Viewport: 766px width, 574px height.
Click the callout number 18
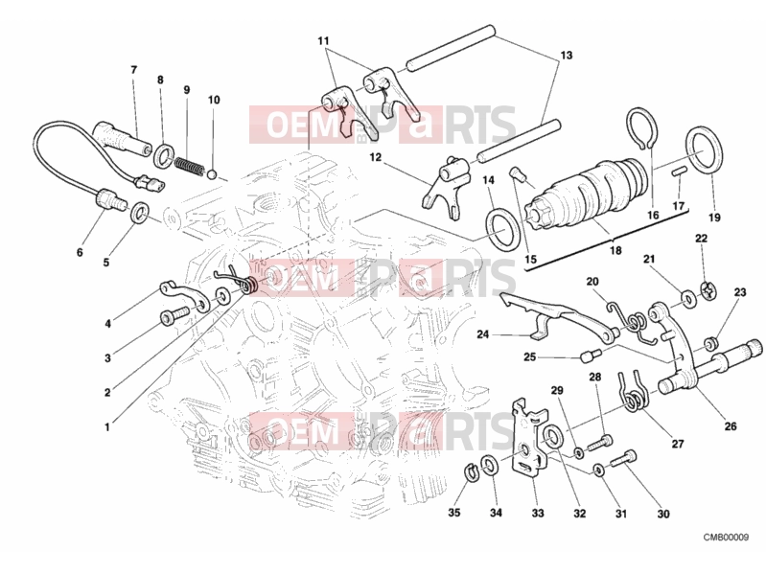pos(615,250)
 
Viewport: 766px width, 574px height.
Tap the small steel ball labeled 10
pos(212,173)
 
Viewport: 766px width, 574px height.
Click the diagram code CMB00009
pos(726,538)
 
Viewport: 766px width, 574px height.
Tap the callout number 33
pos(538,513)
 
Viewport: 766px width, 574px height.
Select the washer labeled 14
pos(500,229)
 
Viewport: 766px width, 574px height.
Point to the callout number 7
pos(134,70)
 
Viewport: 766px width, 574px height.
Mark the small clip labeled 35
pos(470,472)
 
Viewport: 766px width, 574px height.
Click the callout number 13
pos(566,56)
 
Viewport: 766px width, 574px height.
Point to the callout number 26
pos(731,426)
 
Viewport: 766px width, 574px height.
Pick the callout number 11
pos(323,40)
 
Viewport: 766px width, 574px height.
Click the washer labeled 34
pos(488,466)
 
